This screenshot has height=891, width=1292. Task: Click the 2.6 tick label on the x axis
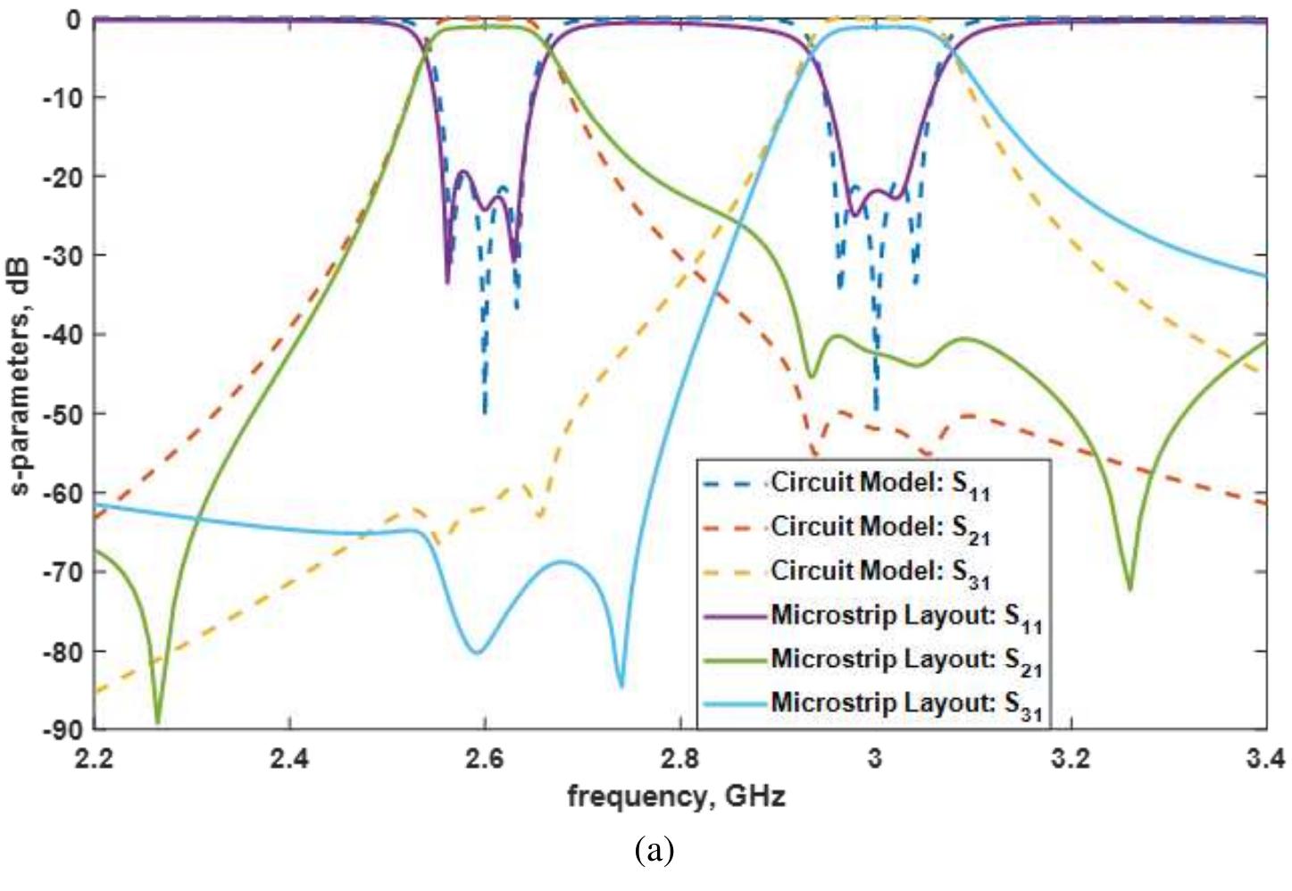click(x=485, y=759)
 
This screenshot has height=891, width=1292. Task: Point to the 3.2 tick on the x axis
click(x=1071, y=759)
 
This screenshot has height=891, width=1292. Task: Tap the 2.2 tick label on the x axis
click(x=95, y=759)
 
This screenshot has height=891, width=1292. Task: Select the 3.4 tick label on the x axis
click(x=1266, y=759)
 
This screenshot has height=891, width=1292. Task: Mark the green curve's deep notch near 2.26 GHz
click(x=158, y=720)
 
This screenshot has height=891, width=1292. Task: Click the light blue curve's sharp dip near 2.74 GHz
click(x=621, y=685)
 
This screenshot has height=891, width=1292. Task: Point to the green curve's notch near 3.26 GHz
click(x=1129, y=588)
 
